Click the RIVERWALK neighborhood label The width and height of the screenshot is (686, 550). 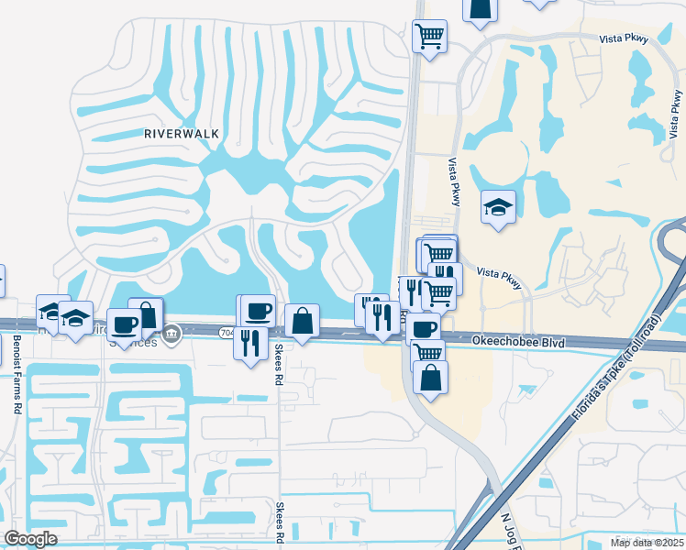(x=182, y=133)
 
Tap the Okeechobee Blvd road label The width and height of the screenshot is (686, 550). (x=519, y=342)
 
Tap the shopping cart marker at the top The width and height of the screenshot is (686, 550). (x=429, y=37)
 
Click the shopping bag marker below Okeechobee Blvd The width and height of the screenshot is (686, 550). (x=430, y=377)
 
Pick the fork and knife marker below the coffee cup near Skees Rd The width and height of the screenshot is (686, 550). (x=250, y=343)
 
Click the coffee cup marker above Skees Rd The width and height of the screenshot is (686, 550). (x=258, y=311)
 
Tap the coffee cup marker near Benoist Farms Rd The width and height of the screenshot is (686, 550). (x=125, y=324)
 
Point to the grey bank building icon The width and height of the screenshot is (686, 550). (x=171, y=337)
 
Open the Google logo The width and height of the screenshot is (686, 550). (x=30, y=538)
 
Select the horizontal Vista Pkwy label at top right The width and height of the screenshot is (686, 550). (x=625, y=38)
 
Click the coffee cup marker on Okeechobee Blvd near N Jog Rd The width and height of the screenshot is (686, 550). (x=424, y=327)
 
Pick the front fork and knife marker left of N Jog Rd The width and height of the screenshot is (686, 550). (x=381, y=317)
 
